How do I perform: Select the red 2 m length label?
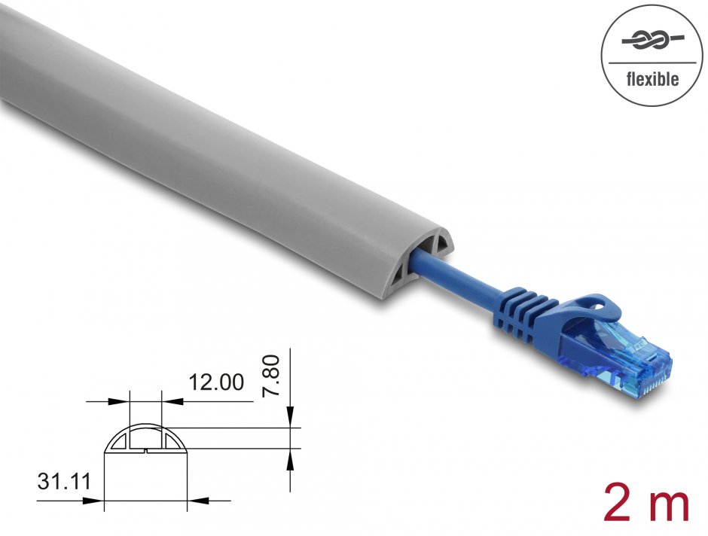pyautogui.click(x=646, y=502)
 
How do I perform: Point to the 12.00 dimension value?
pyautogui.click(x=216, y=382)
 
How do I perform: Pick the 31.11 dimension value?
pyautogui.click(x=61, y=480)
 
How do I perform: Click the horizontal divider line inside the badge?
pyautogui.click(x=652, y=61)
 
